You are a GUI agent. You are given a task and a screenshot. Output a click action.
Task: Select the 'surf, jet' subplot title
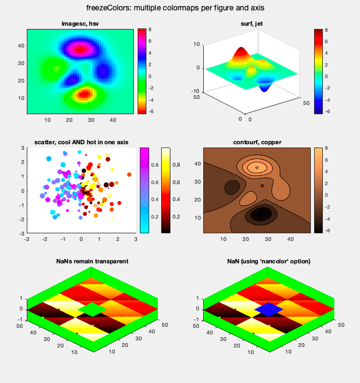tap(256, 23)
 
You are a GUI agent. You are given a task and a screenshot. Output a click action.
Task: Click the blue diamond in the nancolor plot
tap(268, 310)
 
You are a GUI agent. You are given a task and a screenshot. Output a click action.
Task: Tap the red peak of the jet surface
tap(241, 52)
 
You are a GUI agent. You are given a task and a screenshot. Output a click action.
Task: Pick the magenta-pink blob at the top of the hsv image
tap(80, 49)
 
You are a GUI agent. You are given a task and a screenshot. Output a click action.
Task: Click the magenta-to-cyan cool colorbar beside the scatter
tap(145, 190)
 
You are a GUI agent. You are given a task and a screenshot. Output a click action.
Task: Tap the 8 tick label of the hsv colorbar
tap(150, 30)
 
